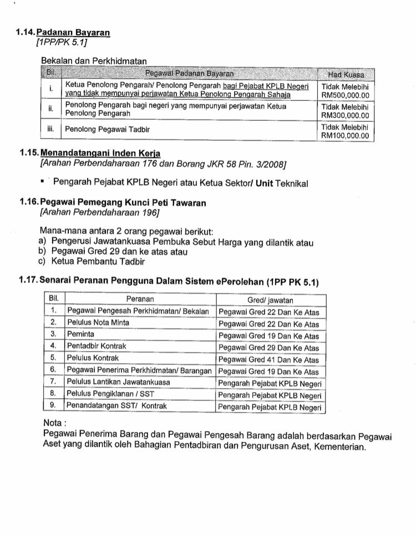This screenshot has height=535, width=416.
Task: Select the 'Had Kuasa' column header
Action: tap(346, 74)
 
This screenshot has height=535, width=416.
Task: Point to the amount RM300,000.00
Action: tap(346, 115)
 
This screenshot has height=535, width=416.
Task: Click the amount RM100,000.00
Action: tap(346, 135)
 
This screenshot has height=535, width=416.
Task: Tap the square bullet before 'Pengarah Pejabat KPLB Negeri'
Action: tap(42, 181)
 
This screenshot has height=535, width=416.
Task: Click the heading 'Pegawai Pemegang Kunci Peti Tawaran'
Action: tap(123, 203)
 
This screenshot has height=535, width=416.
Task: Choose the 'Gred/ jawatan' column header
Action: tap(270, 300)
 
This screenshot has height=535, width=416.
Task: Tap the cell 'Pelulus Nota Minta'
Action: tap(98, 323)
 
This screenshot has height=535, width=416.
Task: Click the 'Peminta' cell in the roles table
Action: tap(81, 335)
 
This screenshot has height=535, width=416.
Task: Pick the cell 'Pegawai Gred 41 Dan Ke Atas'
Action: tap(269, 358)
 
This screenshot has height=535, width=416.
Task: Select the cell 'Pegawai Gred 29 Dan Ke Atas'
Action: tap(269, 347)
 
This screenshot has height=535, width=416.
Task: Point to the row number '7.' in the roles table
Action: tap(54, 382)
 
